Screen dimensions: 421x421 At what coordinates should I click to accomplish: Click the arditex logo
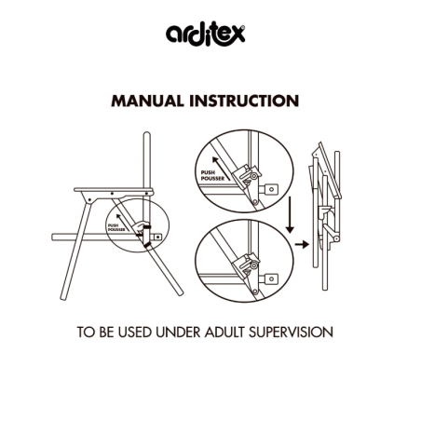(206, 34)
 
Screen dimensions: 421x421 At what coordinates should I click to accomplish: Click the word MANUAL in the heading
(147, 101)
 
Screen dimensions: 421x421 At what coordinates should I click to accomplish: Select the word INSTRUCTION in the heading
(244, 101)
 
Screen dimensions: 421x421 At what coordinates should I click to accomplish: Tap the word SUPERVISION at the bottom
(291, 332)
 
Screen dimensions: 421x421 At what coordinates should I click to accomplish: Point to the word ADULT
(224, 332)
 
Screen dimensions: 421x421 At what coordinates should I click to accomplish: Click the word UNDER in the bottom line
(178, 332)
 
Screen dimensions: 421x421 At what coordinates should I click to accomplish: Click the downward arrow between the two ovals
(290, 214)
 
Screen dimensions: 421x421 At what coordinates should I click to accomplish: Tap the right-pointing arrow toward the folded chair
(302, 245)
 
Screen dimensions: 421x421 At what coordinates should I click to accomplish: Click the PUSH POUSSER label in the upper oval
(212, 175)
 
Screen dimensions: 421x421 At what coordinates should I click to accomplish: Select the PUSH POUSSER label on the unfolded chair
(116, 227)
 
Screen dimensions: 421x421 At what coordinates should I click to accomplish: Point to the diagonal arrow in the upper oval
(221, 169)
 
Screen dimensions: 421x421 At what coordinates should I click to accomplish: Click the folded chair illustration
(325, 216)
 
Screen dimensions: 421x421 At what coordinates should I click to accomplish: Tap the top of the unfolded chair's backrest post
(147, 133)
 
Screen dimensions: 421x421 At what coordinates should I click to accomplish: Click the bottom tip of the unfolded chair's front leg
(63, 298)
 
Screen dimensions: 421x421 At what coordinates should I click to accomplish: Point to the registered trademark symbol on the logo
(243, 28)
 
